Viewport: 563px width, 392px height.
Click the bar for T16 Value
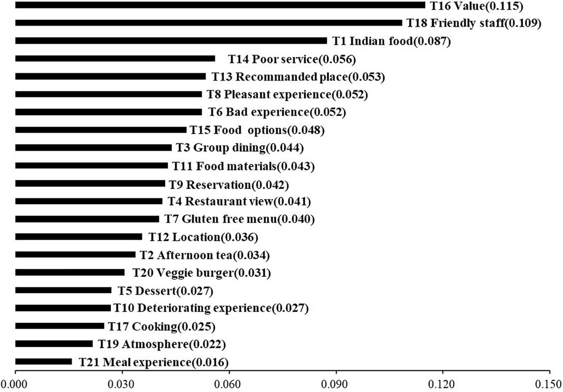point(220,5)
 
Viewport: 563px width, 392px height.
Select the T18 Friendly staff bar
point(208,23)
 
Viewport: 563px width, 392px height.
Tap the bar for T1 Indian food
point(171,41)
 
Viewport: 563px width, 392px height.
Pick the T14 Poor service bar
point(115,58)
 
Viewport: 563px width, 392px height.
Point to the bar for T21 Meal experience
point(44,362)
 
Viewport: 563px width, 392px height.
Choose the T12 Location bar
point(78,237)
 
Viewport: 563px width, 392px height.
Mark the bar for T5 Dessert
point(63,290)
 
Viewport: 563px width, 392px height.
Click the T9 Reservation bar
point(90,183)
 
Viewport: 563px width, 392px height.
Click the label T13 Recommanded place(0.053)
point(298,77)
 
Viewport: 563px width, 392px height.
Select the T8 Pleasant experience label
point(287,94)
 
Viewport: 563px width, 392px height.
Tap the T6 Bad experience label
point(277,112)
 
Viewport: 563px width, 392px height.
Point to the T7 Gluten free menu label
point(239,219)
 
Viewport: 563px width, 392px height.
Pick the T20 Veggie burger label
point(201,273)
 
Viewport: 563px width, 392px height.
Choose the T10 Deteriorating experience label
point(211,308)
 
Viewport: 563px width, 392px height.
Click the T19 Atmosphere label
point(161,344)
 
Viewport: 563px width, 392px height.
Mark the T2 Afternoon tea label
point(205,255)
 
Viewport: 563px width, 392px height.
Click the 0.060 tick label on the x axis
point(229,385)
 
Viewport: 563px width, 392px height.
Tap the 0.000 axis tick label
point(15,385)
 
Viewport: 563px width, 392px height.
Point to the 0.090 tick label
point(336,385)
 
